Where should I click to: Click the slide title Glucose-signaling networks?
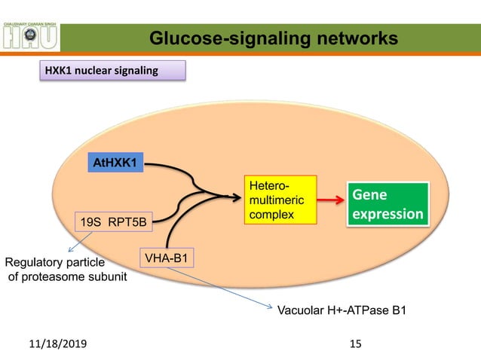pos(272,37)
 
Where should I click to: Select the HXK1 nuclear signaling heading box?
pos(111,72)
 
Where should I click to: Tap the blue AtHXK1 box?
pos(117,163)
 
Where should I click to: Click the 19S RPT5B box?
pos(113,222)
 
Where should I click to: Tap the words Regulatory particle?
pos(54,263)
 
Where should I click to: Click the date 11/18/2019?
pos(57,343)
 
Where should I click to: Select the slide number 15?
pos(356,343)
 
